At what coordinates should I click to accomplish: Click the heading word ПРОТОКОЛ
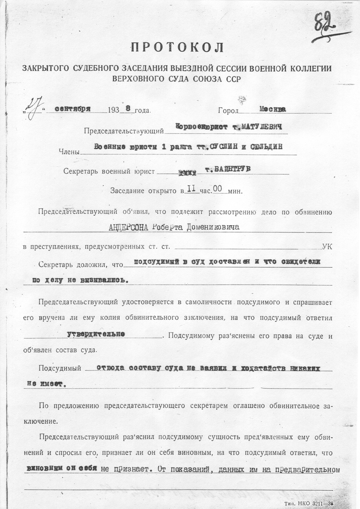[177, 47]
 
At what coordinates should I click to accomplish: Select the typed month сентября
[73, 108]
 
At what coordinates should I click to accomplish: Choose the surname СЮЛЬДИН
[265, 147]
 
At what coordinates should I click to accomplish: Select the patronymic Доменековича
[212, 227]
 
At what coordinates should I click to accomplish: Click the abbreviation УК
[327, 246]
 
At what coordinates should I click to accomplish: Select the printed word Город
[228, 111]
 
